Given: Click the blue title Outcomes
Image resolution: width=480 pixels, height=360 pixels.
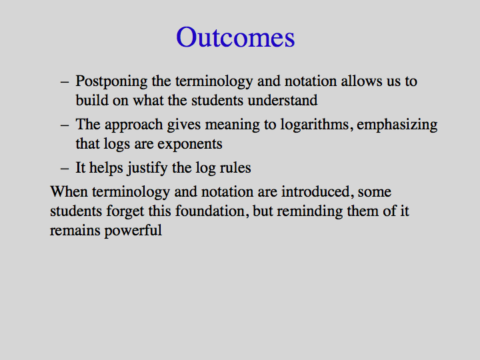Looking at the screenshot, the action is (235, 37).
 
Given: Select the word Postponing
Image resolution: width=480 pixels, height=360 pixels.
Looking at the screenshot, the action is (111, 82).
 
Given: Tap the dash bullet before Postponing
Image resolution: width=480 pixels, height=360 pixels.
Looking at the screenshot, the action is (65, 82).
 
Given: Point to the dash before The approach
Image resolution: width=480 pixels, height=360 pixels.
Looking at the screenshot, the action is (65, 125).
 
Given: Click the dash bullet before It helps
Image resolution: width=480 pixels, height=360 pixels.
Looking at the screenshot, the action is (65, 169).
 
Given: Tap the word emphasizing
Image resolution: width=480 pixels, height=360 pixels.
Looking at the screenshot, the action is (397, 125).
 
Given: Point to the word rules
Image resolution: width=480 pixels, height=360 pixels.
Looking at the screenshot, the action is (235, 167).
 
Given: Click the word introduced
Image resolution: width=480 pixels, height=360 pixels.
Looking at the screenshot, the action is (316, 191).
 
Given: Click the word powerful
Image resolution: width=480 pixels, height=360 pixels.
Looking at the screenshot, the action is (133, 231).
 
